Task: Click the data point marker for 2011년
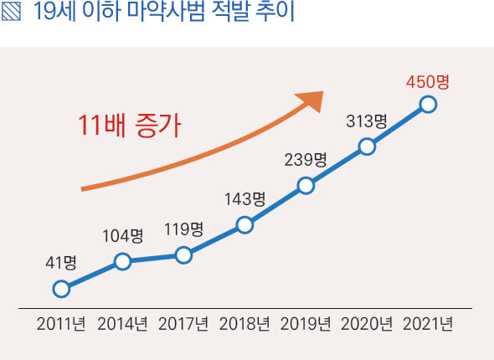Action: (60, 289)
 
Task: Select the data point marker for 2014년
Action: (122, 261)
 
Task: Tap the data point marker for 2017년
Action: (183, 255)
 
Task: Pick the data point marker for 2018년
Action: (244, 224)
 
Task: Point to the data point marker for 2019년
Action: (306, 185)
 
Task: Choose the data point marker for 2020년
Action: (367, 147)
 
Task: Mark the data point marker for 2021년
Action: (428, 104)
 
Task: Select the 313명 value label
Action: (367, 121)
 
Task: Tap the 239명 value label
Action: (306, 160)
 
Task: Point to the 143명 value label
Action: (244, 199)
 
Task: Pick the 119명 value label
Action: (183, 229)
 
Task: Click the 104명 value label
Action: (122, 235)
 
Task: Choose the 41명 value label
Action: (60, 263)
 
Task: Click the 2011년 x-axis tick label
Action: (61, 324)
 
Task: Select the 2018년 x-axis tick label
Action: (244, 324)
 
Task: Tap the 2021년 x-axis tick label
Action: (428, 324)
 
